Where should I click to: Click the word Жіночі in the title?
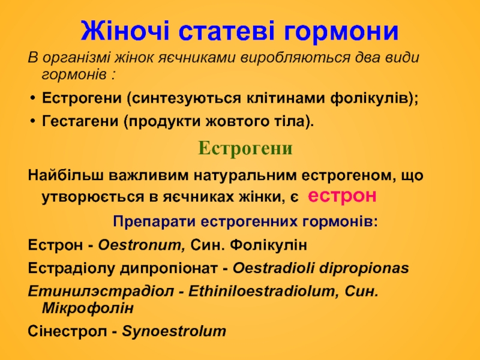(125, 31)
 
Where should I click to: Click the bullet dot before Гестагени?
(33, 122)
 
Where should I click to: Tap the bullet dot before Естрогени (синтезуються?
(33, 99)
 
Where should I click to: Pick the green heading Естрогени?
(245, 148)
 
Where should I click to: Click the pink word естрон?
(342, 196)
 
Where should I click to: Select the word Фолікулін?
(268, 245)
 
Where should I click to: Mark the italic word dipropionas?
(364, 268)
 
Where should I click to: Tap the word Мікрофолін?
(88, 308)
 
